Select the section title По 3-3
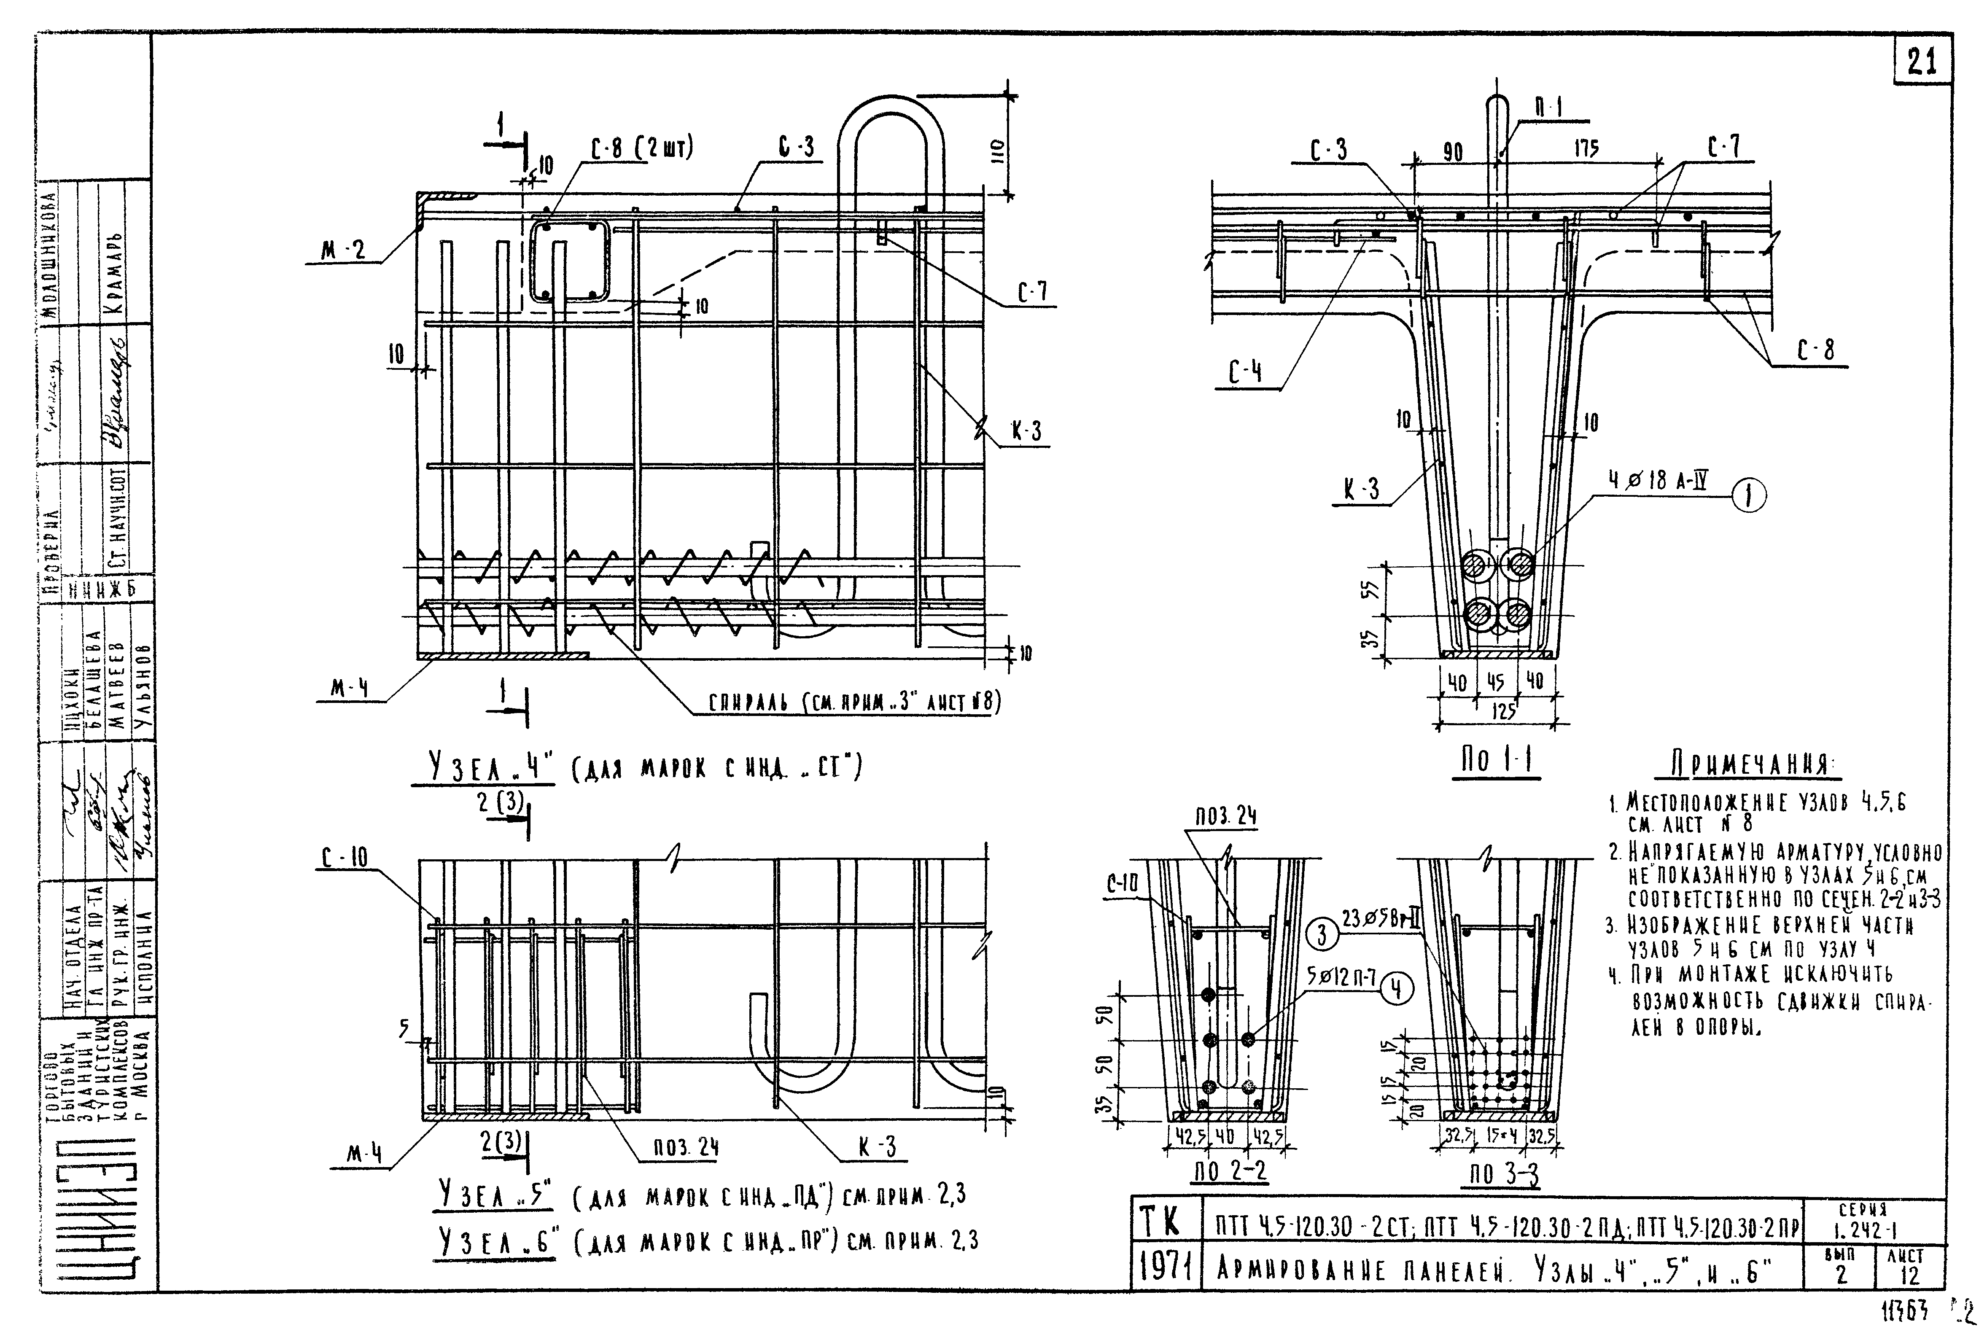click(1504, 1175)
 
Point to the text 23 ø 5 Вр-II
click(1379, 920)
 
